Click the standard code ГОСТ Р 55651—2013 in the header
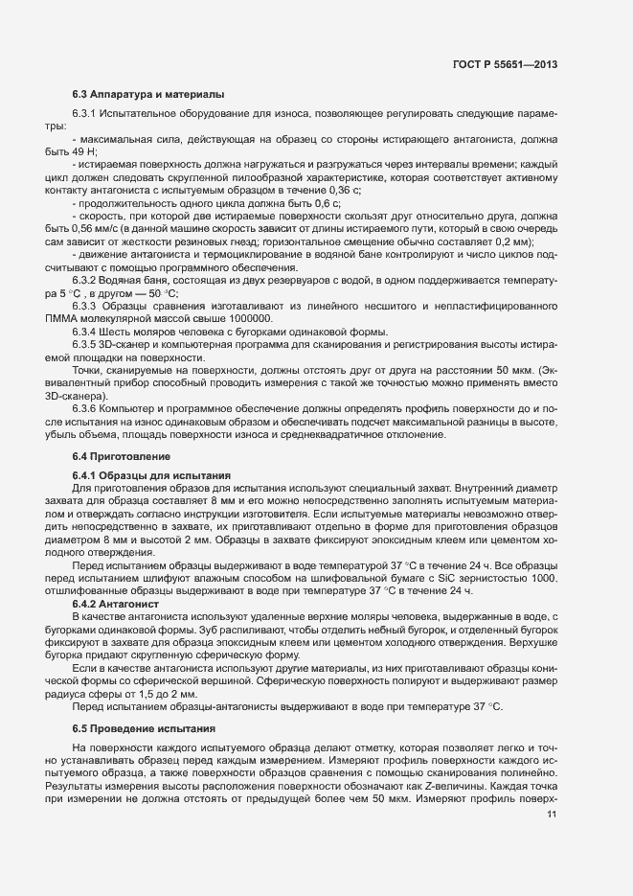505,64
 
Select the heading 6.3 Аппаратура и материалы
147,95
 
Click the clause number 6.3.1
86,114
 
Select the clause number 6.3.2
86,279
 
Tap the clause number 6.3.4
86,331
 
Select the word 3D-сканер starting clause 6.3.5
125,344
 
